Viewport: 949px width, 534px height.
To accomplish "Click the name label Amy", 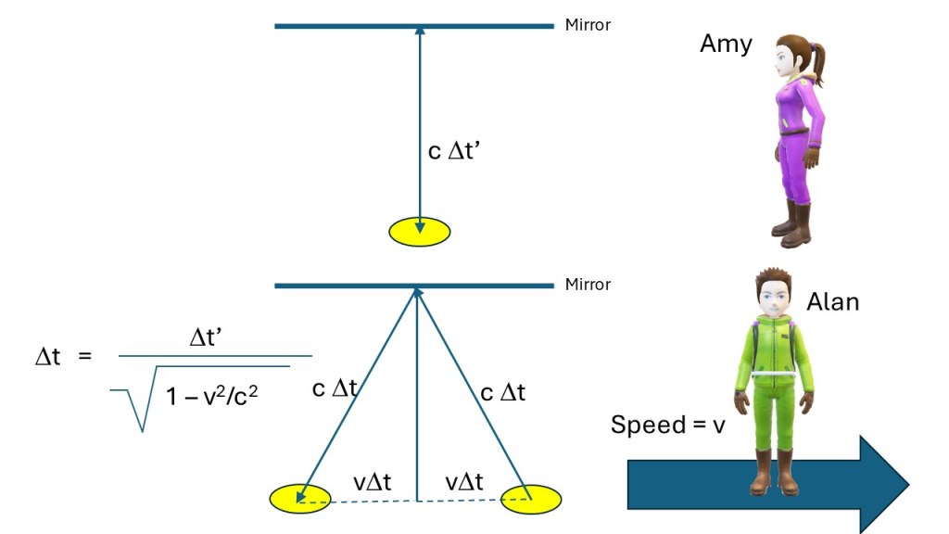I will point(726,44).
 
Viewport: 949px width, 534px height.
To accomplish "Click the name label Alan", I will point(832,301).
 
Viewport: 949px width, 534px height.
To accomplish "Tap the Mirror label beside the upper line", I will point(588,25).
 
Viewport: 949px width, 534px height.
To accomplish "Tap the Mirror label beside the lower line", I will point(588,285).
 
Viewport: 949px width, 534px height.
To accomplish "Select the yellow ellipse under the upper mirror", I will point(419,231).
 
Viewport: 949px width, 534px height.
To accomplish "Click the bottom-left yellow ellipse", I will point(299,498).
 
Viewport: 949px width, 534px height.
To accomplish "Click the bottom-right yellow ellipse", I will point(531,498).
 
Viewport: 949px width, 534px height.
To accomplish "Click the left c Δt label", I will point(335,389).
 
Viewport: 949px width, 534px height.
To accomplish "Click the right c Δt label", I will point(502,392).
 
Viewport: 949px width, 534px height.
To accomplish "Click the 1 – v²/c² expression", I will point(211,397).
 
